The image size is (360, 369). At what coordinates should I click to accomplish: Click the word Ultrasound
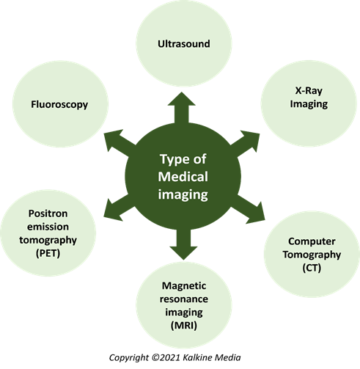coord(184,44)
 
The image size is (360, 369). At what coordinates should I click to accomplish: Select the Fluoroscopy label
coord(59,105)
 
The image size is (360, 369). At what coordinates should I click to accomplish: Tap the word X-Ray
coord(309,91)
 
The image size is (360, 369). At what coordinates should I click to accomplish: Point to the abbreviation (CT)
coord(312,268)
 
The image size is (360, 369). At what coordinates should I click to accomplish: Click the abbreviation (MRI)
coord(184,326)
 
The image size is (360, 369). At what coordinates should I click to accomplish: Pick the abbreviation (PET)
coord(48,253)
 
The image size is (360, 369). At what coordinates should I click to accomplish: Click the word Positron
coord(48,213)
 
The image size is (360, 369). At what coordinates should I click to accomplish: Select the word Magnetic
coord(184,286)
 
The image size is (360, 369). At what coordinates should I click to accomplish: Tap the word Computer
coord(312,241)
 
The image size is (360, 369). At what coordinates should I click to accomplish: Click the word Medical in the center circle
coord(183,177)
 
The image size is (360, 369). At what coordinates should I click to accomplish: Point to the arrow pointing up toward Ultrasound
coord(182,108)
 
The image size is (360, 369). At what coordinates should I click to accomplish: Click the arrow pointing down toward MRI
coord(183,244)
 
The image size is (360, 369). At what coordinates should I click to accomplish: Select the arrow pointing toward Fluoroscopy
coord(120,143)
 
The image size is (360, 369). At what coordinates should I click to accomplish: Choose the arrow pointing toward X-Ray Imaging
coord(245,144)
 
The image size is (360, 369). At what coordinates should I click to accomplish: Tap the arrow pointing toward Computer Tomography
coord(248,209)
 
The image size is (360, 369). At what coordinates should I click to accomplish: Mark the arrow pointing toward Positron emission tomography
coord(120,208)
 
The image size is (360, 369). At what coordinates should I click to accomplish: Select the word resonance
coord(184,299)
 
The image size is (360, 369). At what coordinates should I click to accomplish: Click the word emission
coord(48,227)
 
